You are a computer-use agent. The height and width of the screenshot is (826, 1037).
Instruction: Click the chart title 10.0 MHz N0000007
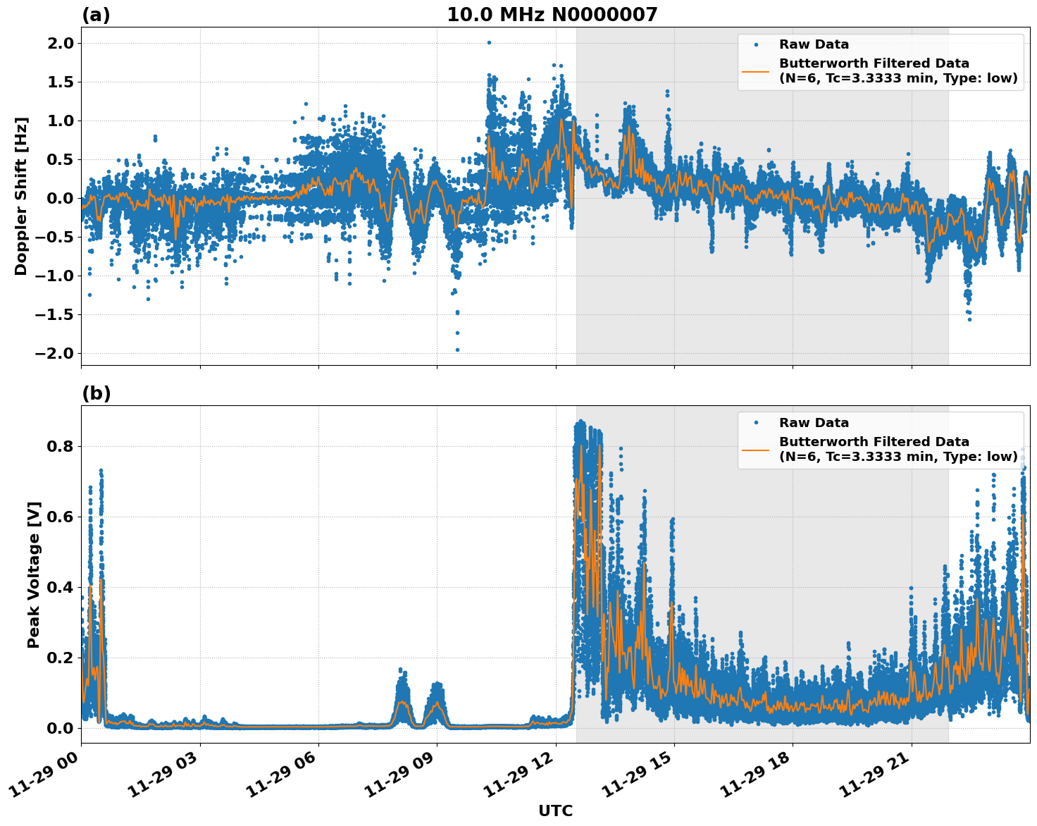[x=552, y=15]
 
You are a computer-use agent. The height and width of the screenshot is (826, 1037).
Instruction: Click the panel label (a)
[x=96, y=15]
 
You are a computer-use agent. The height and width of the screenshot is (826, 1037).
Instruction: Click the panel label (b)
[x=96, y=393]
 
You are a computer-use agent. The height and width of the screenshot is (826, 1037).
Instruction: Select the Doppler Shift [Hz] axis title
[x=21, y=196]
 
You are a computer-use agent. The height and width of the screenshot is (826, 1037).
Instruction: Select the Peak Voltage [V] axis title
[x=34, y=574]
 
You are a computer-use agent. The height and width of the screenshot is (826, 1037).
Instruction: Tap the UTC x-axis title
[x=555, y=810]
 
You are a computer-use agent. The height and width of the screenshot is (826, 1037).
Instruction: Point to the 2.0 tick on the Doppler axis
[x=58, y=43]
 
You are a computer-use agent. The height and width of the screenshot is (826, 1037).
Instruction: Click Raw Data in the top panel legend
[x=814, y=44]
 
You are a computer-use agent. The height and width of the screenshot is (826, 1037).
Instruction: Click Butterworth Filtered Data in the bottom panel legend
[x=874, y=442]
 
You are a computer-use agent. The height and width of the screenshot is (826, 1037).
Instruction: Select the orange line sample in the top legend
[x=756, y=70]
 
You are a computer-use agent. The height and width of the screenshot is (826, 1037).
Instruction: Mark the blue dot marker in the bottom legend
[x=756, y=423]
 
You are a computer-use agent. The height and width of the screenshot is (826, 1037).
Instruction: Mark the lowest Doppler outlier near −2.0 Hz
[x=457, y=350]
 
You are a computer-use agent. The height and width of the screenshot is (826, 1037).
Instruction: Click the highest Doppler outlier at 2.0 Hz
[x=489, y=42]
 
